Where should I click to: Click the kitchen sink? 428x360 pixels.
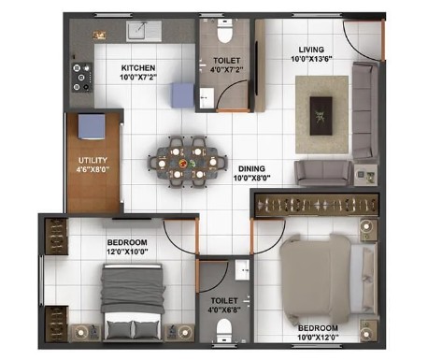pyautogui.click(x=144, y=31)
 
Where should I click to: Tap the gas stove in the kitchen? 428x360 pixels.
pyautogui.click(x=82, y=78)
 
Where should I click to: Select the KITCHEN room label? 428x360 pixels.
pyautogui.click(x=138, y=68)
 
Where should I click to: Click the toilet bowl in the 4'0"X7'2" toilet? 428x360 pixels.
pyautogui.click(x=224, y=31)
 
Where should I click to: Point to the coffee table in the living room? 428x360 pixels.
pyautogui.click(x=321, y=116)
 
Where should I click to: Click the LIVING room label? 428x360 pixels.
pyautogui.click(x=311, y=50)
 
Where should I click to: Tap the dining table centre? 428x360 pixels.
pyautogui.click(x=187, y=162)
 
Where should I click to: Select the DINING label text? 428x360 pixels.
pyautogui.click(x=251, y=169)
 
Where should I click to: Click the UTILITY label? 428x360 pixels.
pyautogui.click(x=93, y=161)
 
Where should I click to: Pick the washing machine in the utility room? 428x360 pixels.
pyautogui.click(x=92, y=126)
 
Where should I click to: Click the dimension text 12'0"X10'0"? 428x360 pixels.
pyautogui.click(x=127, y=252)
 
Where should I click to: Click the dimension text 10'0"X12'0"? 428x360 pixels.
pyautogui.click(x=318, y=338)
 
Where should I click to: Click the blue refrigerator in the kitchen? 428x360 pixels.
pyautogui.click(x=183, y=95)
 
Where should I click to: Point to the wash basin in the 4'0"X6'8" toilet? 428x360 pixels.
pyautogui.click(x=242, y=269)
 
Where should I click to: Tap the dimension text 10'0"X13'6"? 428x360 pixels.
pyautogui.click(x=311, y=59)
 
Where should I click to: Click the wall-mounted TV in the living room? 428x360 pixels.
pyautogui.click(x=257, y=68)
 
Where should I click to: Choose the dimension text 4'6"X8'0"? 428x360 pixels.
pyautogui.click(x=93, y=170)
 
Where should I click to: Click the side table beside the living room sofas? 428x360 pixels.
pyautogui.click(x=366, y=175)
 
